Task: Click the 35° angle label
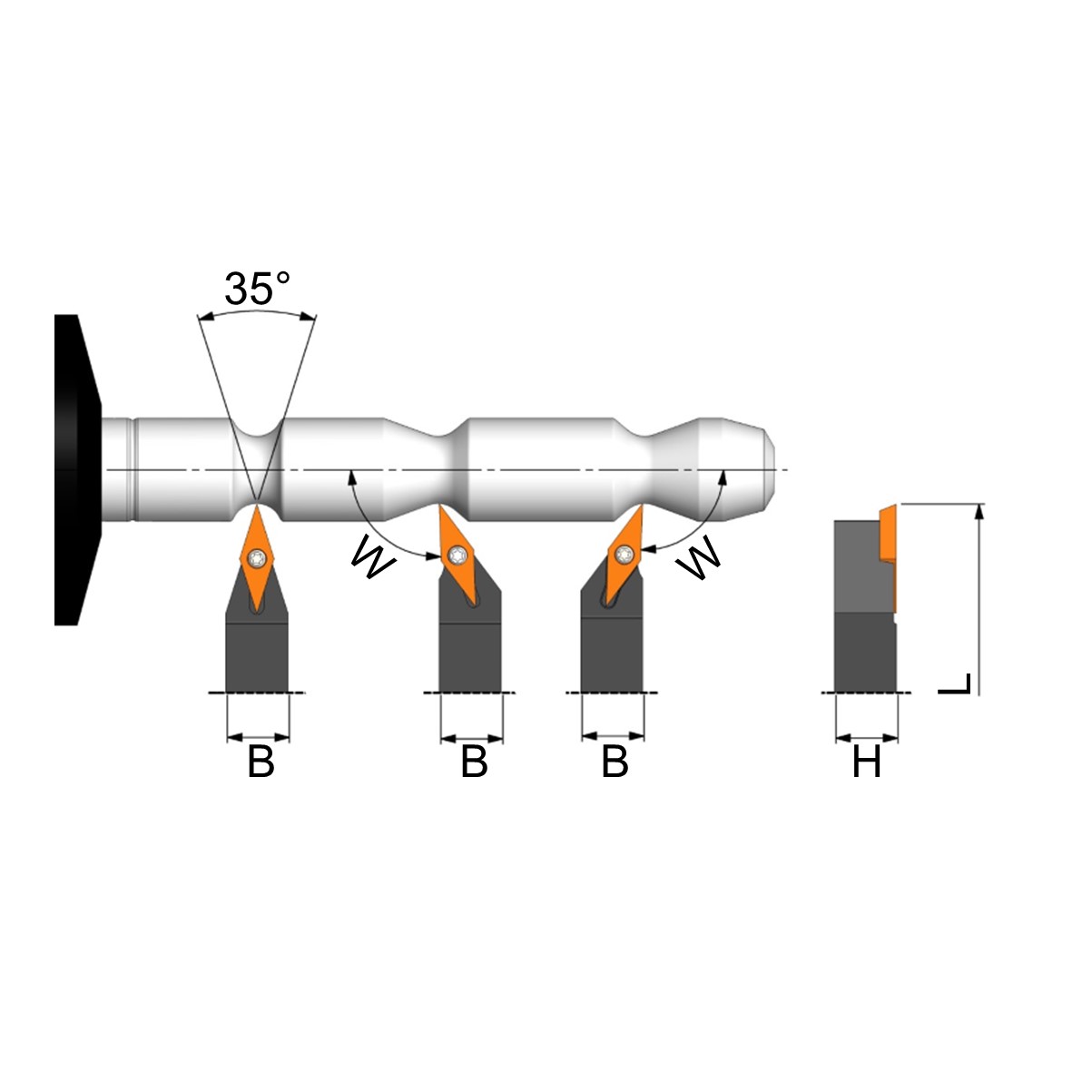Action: pos(257,289)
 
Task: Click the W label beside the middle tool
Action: pos(373,557)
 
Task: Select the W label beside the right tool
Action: pos(698,557)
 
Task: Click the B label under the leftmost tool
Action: pos(261,762)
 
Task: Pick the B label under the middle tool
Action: pos(474,762)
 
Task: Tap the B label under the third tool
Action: pos(615,762)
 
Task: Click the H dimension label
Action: pos(866,762)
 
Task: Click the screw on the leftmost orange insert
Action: pos(257,557)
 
